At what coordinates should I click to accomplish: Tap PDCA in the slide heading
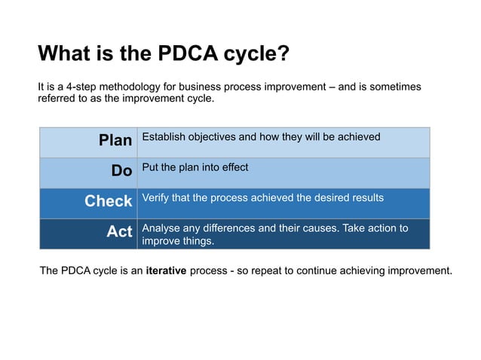coord(185,54)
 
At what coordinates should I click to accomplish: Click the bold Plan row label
coord(115,141)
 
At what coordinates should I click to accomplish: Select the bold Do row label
coord(121,171)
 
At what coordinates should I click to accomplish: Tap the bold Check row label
coord(108,201)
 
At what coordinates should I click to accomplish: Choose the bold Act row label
coord(119,232)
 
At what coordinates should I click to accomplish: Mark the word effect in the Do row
coord(232,167)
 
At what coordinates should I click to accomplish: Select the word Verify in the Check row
coord(155,197)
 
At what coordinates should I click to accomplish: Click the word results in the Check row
coord(366,197)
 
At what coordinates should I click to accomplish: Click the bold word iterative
coord(166,270)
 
